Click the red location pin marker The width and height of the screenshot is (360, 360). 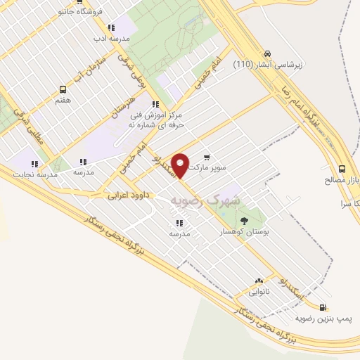pyautogui.click(x=181, y=165)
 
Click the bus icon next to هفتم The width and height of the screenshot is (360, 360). pyautogui.click(x=63, y=90)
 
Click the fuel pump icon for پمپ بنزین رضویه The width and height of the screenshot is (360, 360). pyautogui.click(x=323, y=307)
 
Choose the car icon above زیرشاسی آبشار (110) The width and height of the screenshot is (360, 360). pyautogui.click(x=267, y=53)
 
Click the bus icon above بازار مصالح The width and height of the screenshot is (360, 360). pyautogui.click(x=342, y=169)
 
